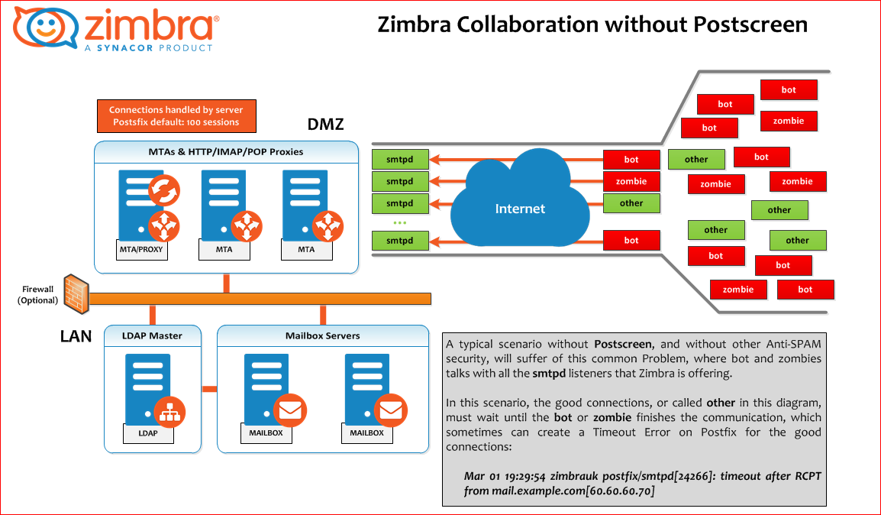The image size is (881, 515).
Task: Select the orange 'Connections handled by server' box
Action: (x=176, y=116)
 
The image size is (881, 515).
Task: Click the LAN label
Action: (x=76, y=335)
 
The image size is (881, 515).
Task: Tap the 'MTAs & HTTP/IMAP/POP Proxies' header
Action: (x=225, y=151)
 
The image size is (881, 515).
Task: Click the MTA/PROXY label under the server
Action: (x=143, y=249)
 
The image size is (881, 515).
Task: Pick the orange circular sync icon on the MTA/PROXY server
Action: (x=163, y=190)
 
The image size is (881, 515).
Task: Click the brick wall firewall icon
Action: (x=76, y=293)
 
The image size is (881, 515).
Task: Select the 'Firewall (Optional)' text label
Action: (x=37, y=295)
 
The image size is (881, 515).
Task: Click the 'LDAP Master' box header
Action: (x=152, y=335)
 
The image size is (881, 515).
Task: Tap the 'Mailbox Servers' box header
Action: (x=321, y=335)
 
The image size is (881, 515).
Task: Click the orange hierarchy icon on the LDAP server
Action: (x=169, y=412)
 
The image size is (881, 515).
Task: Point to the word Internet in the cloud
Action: (x=520, y=209)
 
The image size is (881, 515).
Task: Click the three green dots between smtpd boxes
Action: (x=399, y=222)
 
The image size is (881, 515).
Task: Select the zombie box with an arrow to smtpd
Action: (x=631, y=182)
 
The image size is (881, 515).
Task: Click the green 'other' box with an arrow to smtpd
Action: (x=631, y=203)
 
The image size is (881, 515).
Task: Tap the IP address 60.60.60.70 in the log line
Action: (x=619, y=490)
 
